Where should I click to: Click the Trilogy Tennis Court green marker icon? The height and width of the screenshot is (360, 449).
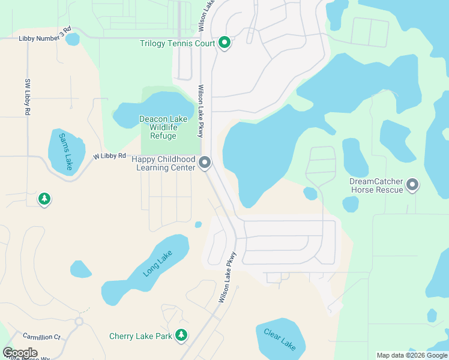(x=224, y=43)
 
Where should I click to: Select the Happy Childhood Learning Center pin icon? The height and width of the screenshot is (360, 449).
(x=205, y=163)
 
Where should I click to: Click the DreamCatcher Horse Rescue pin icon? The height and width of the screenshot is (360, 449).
(x=412, y=185)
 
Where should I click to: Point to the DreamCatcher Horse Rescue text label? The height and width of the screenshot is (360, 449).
(x=376, y=185)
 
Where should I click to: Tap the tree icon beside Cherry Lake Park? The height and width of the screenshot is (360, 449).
(x=181, y=336)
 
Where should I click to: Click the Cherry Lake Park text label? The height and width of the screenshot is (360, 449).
(x=140, y=336)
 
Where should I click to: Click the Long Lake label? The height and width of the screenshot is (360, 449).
(x=158, y=264)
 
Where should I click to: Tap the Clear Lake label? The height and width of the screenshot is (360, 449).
(x=280, y=340)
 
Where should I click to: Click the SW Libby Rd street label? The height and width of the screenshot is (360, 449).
(x=27, y=97)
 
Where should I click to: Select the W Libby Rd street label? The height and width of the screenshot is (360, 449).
(x=109, y=156)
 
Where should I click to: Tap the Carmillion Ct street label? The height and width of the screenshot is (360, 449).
(x=42, y=337)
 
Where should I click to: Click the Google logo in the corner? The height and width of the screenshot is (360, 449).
(x=20, y=352)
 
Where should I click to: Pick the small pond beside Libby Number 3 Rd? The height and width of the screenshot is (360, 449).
(x=72, y=40)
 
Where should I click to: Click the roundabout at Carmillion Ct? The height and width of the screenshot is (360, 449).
(x=79, y=322)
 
